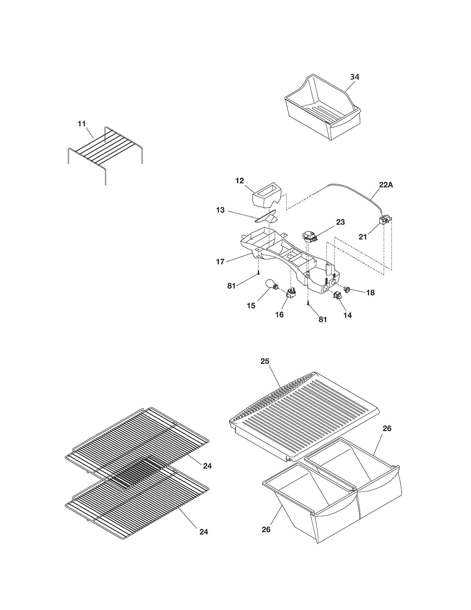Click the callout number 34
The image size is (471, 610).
coord(355,77)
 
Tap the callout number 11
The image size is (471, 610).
coord(82,123)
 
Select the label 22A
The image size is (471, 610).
coord(386,185)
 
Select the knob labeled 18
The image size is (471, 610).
coord(347,289)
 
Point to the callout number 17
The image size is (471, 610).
coord(220,262)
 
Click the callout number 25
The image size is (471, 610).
coord(265,361)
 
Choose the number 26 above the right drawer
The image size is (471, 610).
coord(387,428)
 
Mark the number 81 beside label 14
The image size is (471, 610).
coord(322,319)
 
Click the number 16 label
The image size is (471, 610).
coord(279,314)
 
